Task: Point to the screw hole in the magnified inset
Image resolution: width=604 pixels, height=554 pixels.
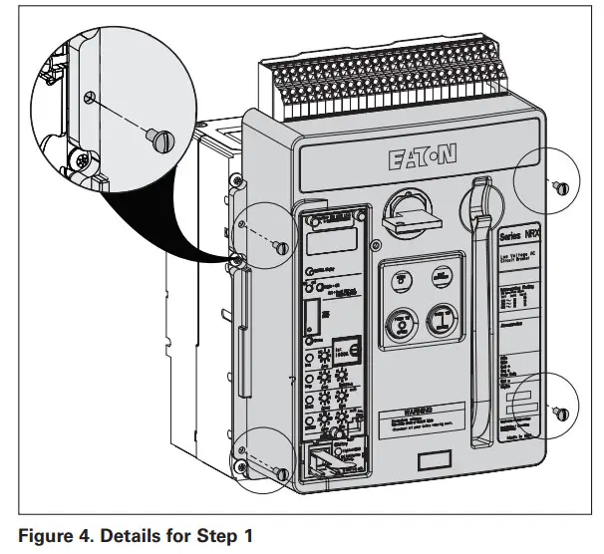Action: pos(91,97)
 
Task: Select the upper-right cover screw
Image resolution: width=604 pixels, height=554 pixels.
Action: pos(562,186)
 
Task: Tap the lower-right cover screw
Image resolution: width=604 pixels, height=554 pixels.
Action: pos(562,412)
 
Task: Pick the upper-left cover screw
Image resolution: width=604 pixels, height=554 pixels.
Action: pos(282,246)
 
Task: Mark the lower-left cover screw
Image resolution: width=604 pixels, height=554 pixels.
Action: pos(282,472)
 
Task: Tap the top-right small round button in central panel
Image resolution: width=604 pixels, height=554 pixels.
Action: pos(442,280)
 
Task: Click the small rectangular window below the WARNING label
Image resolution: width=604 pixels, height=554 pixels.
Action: pos(433,460)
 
